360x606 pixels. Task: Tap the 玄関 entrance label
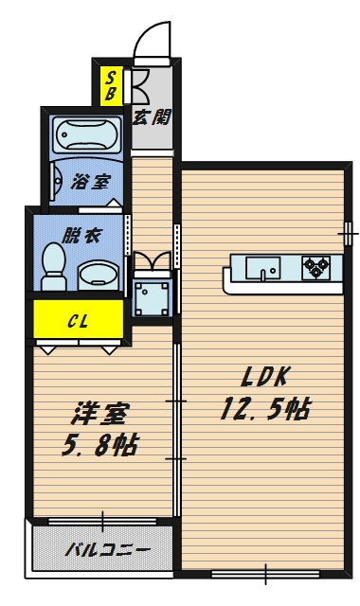pos(151,117)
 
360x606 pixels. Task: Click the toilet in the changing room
pos(53,267)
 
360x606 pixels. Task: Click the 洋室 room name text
pos(102,414)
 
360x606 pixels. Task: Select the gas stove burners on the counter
pos(315,268)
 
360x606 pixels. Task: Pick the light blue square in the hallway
pos(152,297)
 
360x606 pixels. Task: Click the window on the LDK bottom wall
pos(264,572)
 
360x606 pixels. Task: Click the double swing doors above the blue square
pos(152,261)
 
